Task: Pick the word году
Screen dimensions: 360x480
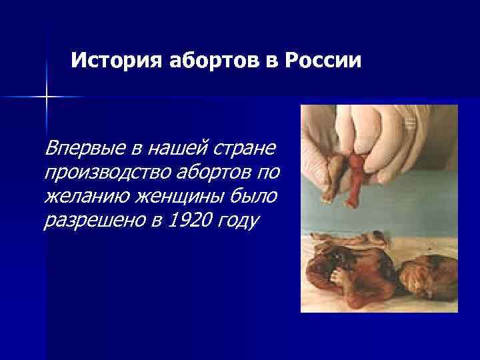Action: tap(239, 223)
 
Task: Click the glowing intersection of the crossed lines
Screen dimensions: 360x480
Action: tap(47, 97)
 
